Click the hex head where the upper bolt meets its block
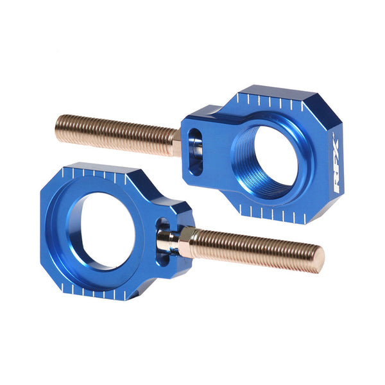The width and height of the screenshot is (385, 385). tap(176, 142)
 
